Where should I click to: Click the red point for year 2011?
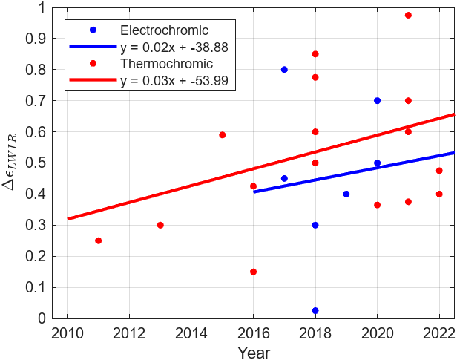(x=98, y=240)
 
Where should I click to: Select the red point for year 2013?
(x=160, y=225)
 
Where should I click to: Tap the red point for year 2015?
(x=222, y=135)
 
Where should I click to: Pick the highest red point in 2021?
(x=408, y=15)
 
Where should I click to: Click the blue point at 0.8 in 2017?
(x=284, y=70)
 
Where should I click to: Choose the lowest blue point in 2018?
(x=315, y=310)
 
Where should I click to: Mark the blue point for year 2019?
(x=346, y=194)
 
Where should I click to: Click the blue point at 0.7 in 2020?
(x=377, y=100)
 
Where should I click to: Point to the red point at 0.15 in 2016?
(x=253, y=272)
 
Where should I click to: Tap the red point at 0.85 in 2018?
(x=315, y=54)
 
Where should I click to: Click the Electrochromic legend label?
(x=164, y=30)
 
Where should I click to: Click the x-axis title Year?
(x=253, y=352)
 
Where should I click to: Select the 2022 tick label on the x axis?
(x=439, y=332)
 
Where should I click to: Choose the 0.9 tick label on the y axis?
(x=45, y=39)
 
